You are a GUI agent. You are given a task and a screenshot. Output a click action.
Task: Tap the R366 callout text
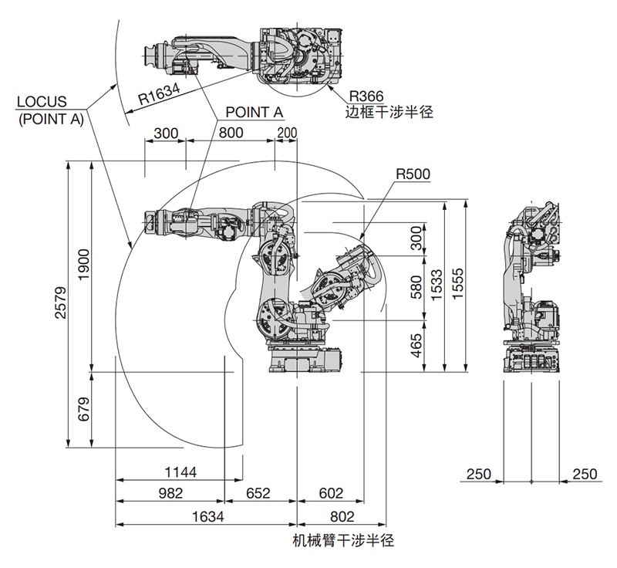[366, 96]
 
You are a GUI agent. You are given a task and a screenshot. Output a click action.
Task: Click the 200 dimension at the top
[286, 133]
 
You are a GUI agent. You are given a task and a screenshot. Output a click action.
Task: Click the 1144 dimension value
[180, 472]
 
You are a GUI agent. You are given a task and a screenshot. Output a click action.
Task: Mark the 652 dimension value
[259, 493]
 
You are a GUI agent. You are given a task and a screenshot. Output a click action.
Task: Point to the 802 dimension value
[341, 516]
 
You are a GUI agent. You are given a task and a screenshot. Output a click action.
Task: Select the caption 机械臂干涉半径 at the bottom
[343, 539]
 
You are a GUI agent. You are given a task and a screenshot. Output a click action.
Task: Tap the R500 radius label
[413, 174]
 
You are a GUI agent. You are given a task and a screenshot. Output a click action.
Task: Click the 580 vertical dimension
[417, 286]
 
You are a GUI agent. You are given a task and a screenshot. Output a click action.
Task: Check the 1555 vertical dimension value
[457, 286]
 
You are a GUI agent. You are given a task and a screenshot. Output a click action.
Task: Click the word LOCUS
[42, 102]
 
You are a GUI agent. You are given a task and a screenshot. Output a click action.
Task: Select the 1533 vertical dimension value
[437, 286]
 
